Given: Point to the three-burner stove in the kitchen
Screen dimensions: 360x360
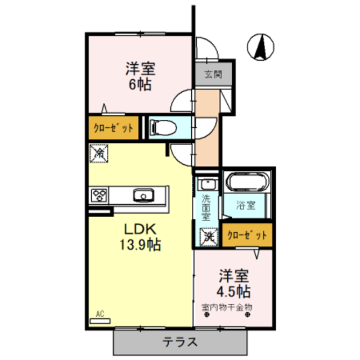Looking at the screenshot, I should pos(100,196).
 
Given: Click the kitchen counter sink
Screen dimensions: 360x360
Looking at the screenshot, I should pos(143,196).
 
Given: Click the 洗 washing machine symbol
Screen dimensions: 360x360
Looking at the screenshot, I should pos(208,237).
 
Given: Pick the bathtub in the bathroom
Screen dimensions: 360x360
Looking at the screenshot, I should pos(248,183).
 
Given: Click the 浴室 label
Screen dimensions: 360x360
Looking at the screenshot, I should pos(246,206).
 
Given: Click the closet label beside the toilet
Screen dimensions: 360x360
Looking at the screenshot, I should pos(113,128).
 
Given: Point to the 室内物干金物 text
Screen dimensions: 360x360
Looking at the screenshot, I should pos(227,307).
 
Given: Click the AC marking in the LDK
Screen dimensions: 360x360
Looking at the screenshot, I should pos(100,314).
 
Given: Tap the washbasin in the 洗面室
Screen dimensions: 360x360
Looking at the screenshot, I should pos(206,184).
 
